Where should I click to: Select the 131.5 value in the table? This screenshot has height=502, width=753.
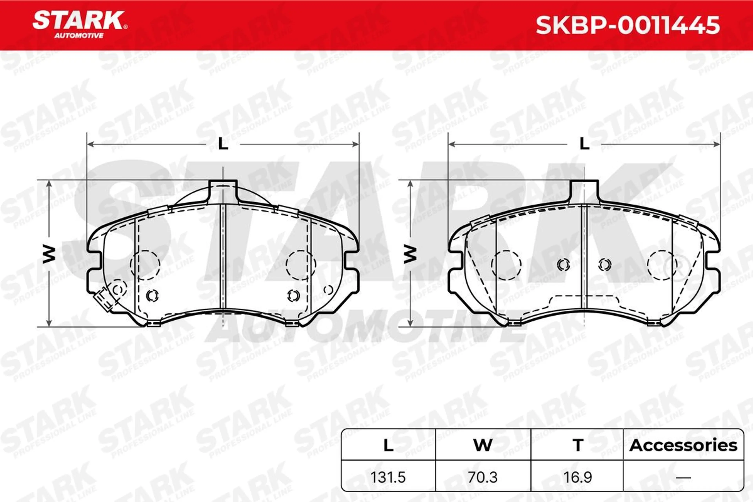pyautogui.click(x=388, y=477)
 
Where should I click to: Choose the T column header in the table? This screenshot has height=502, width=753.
pyautogui.click(x=578, y=445)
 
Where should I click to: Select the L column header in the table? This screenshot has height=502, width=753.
pyautogui.click(x=388, y=445)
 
